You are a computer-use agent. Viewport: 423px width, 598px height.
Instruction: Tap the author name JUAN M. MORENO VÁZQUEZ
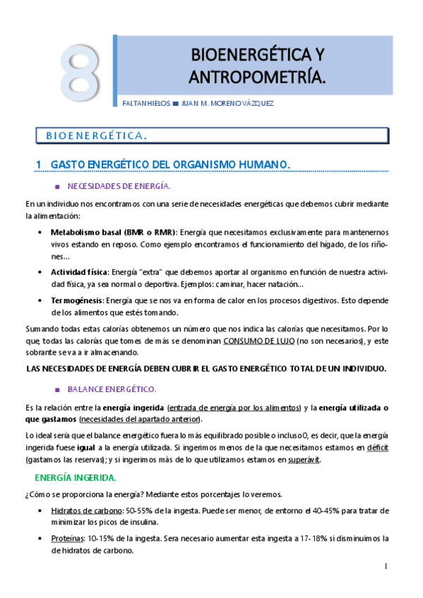227,103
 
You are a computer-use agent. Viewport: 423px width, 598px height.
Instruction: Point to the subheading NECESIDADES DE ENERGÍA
119,186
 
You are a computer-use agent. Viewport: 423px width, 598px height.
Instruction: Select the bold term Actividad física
78,271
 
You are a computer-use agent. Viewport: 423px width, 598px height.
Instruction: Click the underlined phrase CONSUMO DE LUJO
258,341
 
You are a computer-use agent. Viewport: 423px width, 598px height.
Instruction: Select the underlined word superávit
304,460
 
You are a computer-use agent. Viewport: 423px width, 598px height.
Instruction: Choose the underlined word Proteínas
67,538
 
